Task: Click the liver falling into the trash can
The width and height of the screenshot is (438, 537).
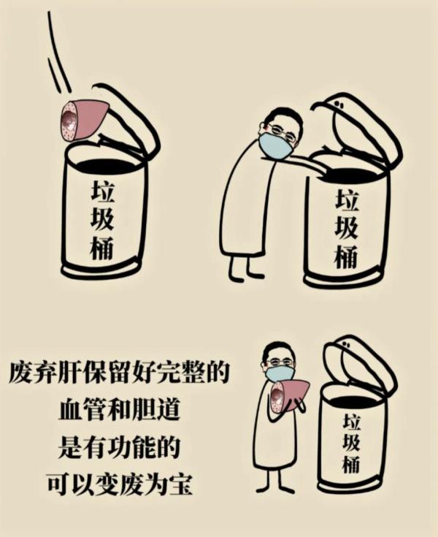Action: click(84, 118)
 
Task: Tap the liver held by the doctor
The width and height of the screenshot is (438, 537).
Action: click(289, 395)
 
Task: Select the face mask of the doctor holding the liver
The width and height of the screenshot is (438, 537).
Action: click(280, 374)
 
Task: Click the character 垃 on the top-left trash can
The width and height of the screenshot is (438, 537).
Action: click(103, 191)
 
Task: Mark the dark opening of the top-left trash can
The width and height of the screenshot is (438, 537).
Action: click(102, 162)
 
